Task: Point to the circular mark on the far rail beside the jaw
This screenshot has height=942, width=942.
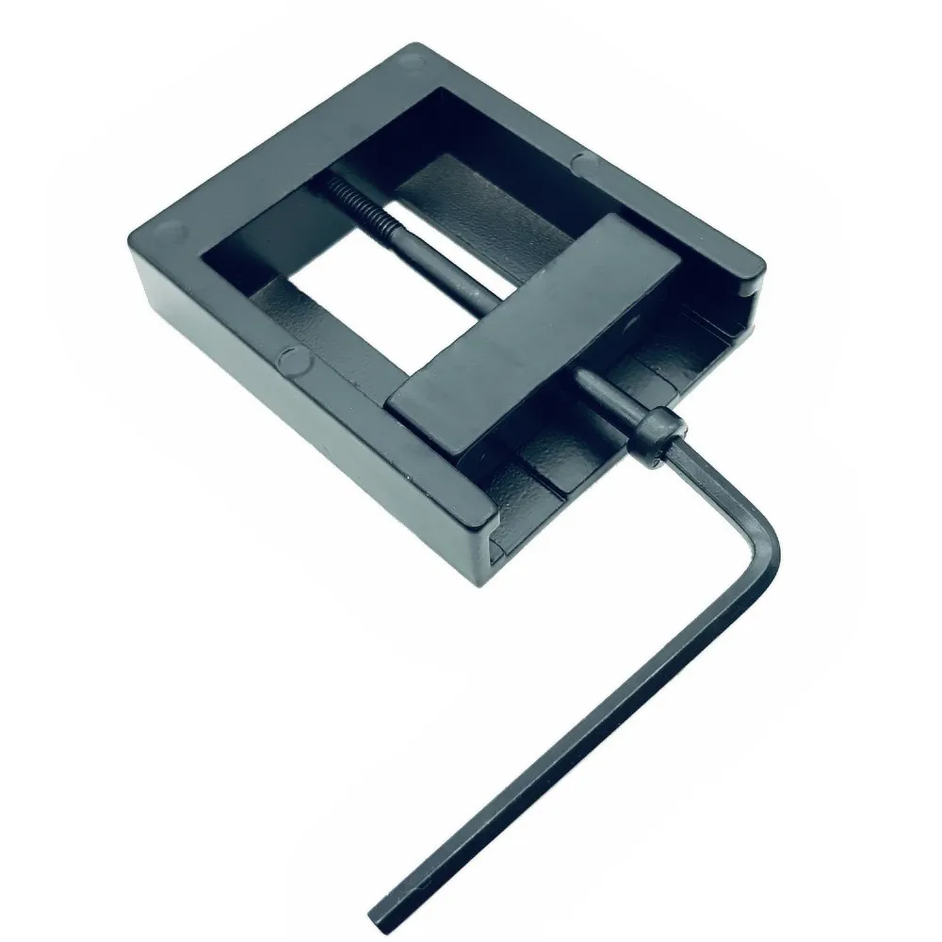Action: click(x=586, y=166)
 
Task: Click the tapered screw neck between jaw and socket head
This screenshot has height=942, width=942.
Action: click(x=603, y=396)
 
